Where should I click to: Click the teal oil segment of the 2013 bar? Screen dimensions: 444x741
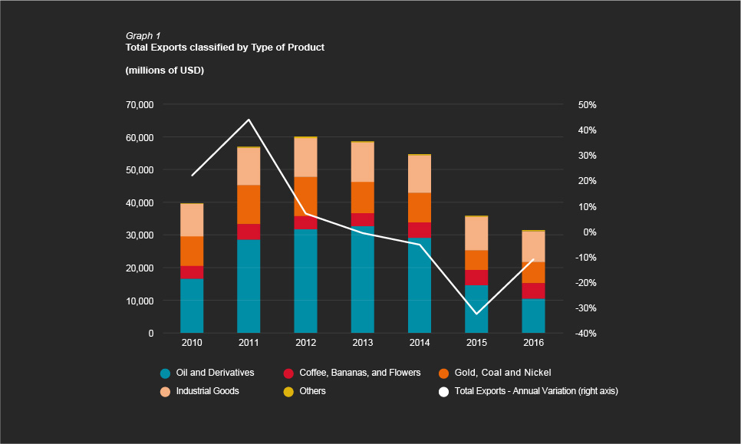click(x=362, y=279)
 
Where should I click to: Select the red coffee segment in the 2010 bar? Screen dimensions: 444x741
click(x=192, y=272)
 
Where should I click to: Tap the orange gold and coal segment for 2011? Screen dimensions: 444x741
click(x=249, y=204)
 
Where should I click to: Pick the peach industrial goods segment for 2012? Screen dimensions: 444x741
click(x=305, y=157)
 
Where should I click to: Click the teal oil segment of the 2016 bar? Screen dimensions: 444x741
click(x=533, y=315)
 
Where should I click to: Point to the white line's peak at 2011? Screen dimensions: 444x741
click(x=249, y=120)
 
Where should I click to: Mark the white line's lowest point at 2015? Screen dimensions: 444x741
click(x=476, y=314)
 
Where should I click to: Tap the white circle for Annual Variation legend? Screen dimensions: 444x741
click(x=443, y=392)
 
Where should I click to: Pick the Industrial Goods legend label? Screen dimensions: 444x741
click(x=207, y=392)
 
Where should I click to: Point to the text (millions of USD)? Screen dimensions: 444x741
click(x=164, y=71)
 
